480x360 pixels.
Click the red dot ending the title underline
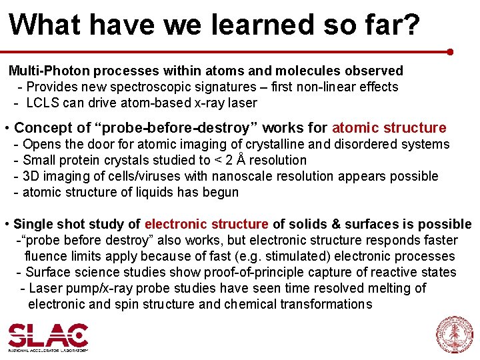[x=451, y=51]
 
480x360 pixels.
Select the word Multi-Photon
[x=50, y=71]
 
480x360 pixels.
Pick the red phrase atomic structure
[x=389, y=127]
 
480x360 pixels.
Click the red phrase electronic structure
[x=207, y=224]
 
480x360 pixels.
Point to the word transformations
[x=326, y=304]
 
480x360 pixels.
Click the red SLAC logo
[x=47, y=335]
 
